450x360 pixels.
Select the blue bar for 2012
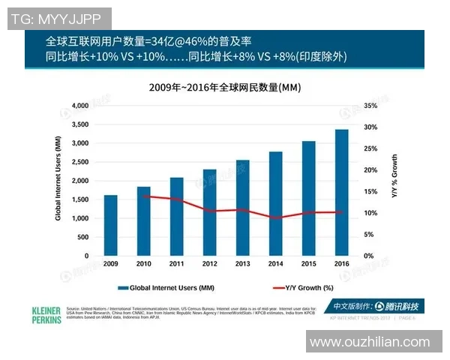[209, 212]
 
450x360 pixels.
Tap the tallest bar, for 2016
[341, 193]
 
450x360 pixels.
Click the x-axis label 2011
[176, 264]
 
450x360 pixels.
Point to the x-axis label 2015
[308, 264]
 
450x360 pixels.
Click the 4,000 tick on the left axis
[79, 106]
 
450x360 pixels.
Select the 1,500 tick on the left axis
[79, 199]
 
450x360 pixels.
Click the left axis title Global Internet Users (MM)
[58, 181]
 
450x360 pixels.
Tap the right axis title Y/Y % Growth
[394, 177]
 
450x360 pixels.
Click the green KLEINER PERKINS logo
[46, 314]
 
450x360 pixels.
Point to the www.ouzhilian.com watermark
[370, 343]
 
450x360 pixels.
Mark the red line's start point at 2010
[143, 196]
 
